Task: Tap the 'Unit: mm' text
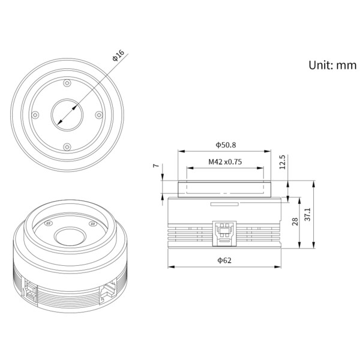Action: coord(332,65)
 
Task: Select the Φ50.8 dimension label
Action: coord(226,145)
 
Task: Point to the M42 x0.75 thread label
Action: coord(226,161)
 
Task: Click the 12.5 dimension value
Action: coord(282,162)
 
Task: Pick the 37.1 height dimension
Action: coord(307,215)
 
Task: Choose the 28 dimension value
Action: coord(295,221)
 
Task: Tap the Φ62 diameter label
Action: coord(224,260)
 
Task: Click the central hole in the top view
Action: coord(68,114)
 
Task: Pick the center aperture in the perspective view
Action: coord(69,236)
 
